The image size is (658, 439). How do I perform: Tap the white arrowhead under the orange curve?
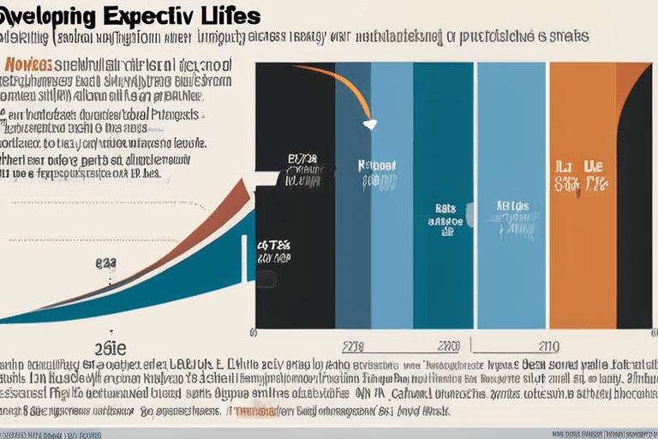tap(369, 124)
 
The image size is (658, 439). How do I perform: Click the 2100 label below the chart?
tap(448, 346)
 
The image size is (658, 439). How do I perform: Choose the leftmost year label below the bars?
tap(354, 346)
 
